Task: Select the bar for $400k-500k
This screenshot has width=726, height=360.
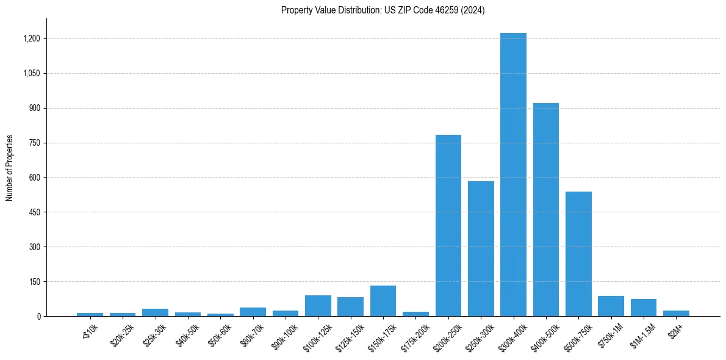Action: pyautogui.click(x=546, y=210)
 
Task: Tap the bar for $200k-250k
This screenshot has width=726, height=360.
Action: pyautogui.click(x=448, y=226)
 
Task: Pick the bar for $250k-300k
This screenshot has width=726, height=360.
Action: pyautogui.click(x=481, y=249)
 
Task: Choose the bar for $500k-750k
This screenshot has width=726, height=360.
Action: pyautogui.click(x=578, y=254)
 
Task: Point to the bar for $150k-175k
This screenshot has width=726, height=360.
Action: pyautogui.click(x=383, y=301)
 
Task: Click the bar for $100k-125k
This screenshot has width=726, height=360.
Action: pyautogui.click(x=318, y=306)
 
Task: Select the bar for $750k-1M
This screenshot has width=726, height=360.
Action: pyautogui.click(x=611, y=306)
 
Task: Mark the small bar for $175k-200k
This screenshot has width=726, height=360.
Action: pyautogui.click(x=415, y=314)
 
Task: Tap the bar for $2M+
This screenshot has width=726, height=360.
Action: pyautogui.click(x=676, y=313)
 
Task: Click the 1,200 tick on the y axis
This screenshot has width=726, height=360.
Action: pyautogui.click(x=31, y=38)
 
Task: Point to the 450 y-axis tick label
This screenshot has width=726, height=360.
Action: pyautogui.click(x=35, y=212)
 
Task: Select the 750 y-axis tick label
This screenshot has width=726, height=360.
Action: pyautogui.click(x=35, y=143)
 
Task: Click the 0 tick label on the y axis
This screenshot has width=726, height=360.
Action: pyautogui.click(x=38, y=316)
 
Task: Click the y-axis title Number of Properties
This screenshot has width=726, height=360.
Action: pyautogui.click(x=9, y=168)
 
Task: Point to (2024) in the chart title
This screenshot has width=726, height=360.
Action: pyautogui.click(x=473, y=10)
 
